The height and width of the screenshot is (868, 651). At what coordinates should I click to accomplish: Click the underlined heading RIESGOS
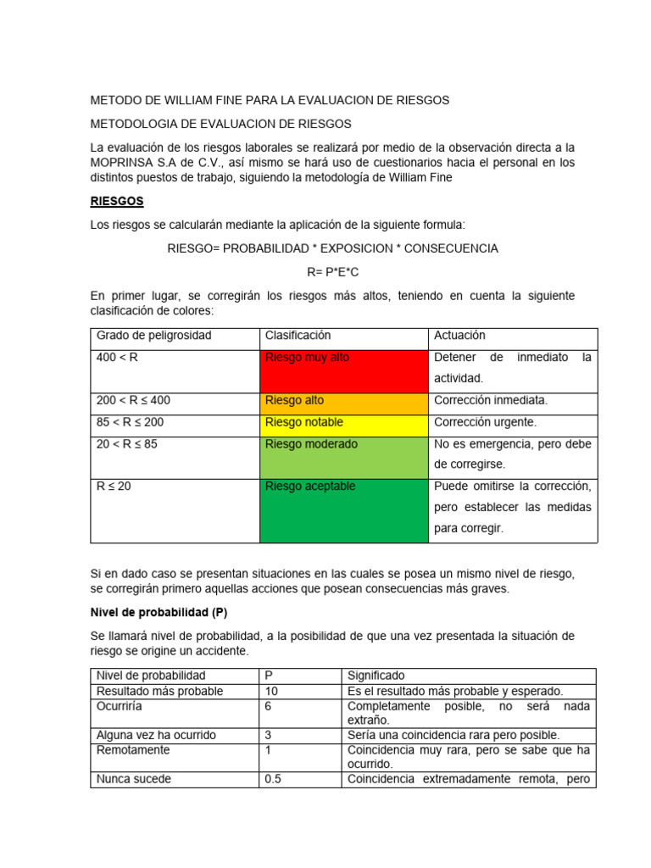click(x=117, y=202)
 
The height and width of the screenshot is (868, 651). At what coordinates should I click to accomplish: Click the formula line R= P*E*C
click(x=333, y=272)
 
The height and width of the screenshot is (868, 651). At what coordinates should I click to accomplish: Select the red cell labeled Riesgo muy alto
click(x=344, y=370)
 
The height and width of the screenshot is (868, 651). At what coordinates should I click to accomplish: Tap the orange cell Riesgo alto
click(x=344, y=401)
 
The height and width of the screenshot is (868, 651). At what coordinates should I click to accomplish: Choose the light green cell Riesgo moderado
click(x=344, y=457)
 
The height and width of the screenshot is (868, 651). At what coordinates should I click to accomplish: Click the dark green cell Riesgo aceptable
click(x=344, y=510)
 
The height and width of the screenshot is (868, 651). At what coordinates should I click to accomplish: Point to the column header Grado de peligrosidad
click(x=154, y=336)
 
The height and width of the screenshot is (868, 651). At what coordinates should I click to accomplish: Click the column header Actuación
click(x=459, y=336)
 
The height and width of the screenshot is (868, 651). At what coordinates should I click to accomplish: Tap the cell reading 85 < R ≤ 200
click(x=131, y=422)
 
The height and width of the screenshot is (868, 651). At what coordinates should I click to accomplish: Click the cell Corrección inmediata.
click(x=491, y=400)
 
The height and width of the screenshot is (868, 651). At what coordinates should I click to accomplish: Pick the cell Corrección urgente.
click(x=485, y=422)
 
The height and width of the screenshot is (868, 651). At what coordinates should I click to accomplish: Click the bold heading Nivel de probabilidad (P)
click(x=159, y=612)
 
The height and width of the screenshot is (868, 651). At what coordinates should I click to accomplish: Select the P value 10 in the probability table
click(x=272, y=692)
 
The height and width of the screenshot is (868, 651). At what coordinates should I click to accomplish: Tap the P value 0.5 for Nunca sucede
click(x=273, y=779)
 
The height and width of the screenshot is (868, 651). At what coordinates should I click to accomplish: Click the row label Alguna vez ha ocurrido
click(x=157, y=735)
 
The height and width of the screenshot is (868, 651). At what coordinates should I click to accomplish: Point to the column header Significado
click(x=376, y=676)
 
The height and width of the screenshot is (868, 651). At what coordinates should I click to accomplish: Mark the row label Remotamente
click(x=133, y=750)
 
